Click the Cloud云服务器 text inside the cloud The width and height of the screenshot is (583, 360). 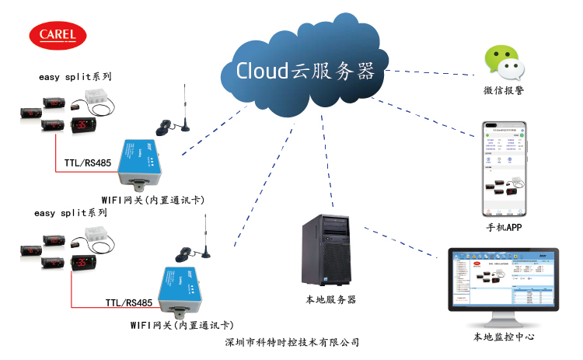[306, 71]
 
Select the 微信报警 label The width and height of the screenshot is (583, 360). [503, 92]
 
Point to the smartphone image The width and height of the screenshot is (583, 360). [502, 169]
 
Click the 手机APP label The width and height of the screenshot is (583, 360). [503, 229]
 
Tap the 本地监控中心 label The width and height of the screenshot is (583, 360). [504, 337]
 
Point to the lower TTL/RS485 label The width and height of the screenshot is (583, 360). [128, 302]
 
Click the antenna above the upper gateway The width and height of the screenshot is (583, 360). [185, 109]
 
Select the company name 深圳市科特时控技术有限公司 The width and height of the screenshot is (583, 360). [291, 342]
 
